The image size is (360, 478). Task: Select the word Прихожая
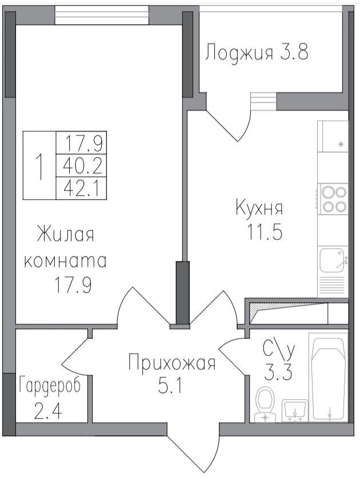tap(171, 363)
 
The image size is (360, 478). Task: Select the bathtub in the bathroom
tap(328, 378)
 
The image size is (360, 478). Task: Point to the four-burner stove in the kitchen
tap(333, 199)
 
